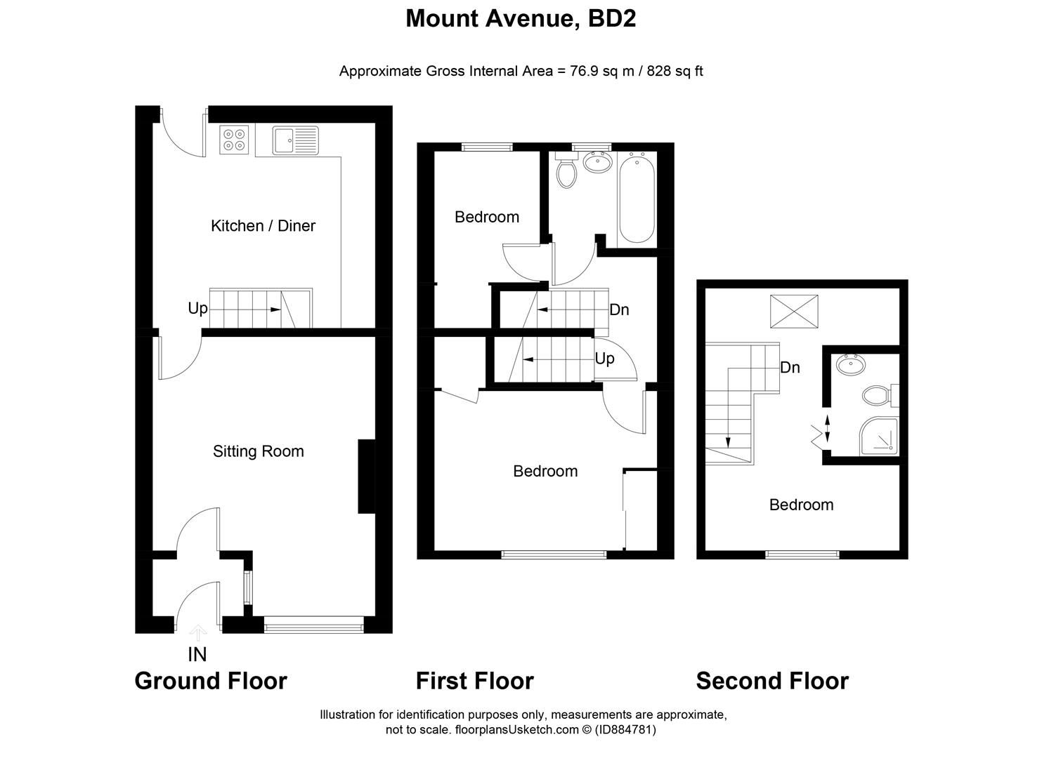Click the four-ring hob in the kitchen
point(235,140)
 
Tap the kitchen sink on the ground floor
point(295,140)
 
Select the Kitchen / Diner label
point(263,226)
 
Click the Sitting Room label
point(258,451)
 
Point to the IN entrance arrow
point(197,634)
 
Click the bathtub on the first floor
point(637,199)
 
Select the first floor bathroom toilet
point(566,171)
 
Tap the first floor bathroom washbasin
point(597,163)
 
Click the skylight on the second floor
point(794,311)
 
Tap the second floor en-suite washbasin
point(852,365)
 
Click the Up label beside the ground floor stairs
point(197,309)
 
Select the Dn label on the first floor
point(619,310)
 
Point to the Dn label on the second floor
point(790,368)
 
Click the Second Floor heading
point(771,681)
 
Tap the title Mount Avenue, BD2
point(521,19)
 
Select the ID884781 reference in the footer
point(625,730)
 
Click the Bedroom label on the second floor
point(801,505)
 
